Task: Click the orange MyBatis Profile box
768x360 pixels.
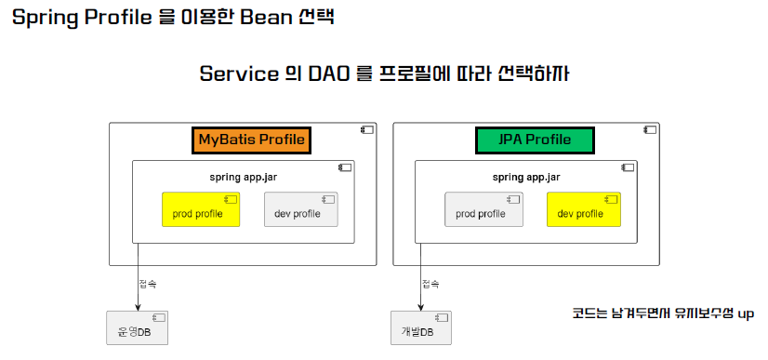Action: (251, 140)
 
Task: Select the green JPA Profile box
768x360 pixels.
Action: (535, 140)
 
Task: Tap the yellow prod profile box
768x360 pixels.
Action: (201, 209)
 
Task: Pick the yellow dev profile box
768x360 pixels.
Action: (584, 209)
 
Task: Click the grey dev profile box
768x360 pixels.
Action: (300, 209)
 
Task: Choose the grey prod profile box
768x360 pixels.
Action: (483, 209)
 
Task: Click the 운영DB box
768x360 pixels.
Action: (138, 327)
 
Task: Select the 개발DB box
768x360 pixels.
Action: (421, 327)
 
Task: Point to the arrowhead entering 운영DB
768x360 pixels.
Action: (138, 307)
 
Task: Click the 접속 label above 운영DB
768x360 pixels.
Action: (148, 284)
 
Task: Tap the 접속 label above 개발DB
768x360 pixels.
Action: (431, 284)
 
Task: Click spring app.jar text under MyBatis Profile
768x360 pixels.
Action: (243, 178)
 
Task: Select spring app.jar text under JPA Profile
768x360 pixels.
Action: (526, 178)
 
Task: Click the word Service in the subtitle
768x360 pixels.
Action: (239, 74)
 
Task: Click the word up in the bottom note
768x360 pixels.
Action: (746, 314)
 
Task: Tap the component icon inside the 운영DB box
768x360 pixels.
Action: (158, 317)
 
